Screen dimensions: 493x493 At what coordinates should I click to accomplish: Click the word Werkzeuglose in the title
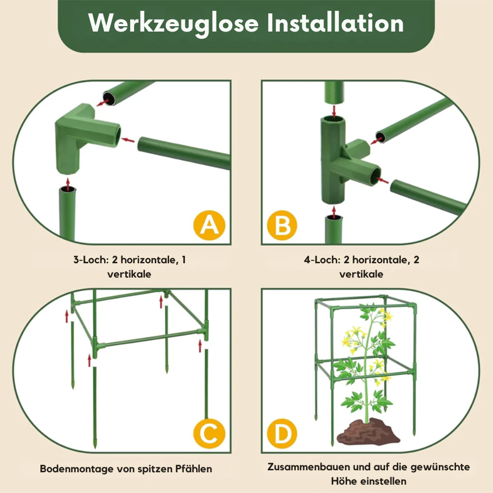(173, 24)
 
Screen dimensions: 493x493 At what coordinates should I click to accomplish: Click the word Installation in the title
(335, 23)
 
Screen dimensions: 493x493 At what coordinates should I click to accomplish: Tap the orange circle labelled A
(210, 225)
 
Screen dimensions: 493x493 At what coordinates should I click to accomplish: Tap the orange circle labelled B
(282, 225)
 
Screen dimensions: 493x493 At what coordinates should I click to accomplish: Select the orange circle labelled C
(210, 433)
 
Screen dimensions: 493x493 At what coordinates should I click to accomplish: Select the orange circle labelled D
(282, 433)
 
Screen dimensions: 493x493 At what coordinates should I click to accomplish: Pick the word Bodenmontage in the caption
(76, 469)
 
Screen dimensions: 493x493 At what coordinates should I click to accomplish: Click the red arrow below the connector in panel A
(68, 184)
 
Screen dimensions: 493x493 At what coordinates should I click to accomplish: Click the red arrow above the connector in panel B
(334, 111)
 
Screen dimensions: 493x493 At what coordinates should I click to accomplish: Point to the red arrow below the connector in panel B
(334, 211)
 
